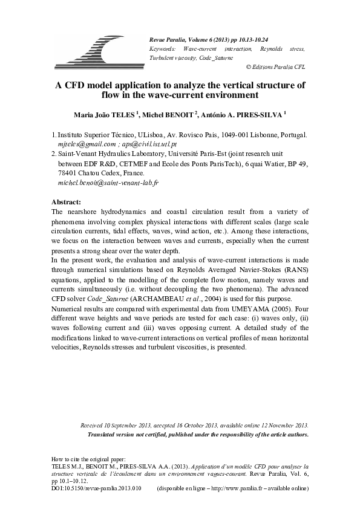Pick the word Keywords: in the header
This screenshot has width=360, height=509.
(x=162, y=48)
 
